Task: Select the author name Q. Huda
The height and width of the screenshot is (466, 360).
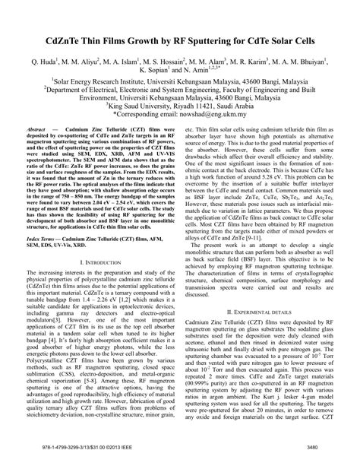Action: (x=47, y=59)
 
